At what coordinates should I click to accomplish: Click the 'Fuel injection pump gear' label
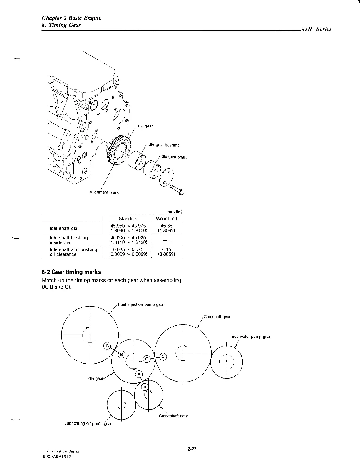point(141,304)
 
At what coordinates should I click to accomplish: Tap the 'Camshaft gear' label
point(217,317)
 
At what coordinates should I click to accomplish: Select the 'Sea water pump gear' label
point(251,337)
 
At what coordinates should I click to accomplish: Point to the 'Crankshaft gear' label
point(173,416)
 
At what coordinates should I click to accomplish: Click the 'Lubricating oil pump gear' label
point(88,424)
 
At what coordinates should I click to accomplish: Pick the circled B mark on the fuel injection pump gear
point(108,346)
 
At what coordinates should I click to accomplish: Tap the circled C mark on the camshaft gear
point(163,357)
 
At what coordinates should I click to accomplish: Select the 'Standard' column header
point(128,219)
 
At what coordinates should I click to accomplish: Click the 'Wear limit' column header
point(166,219)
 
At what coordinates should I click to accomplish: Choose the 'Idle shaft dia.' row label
point(64,228)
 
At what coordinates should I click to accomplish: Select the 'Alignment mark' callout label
point(104,192)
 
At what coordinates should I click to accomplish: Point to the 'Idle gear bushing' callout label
point(163,145)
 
